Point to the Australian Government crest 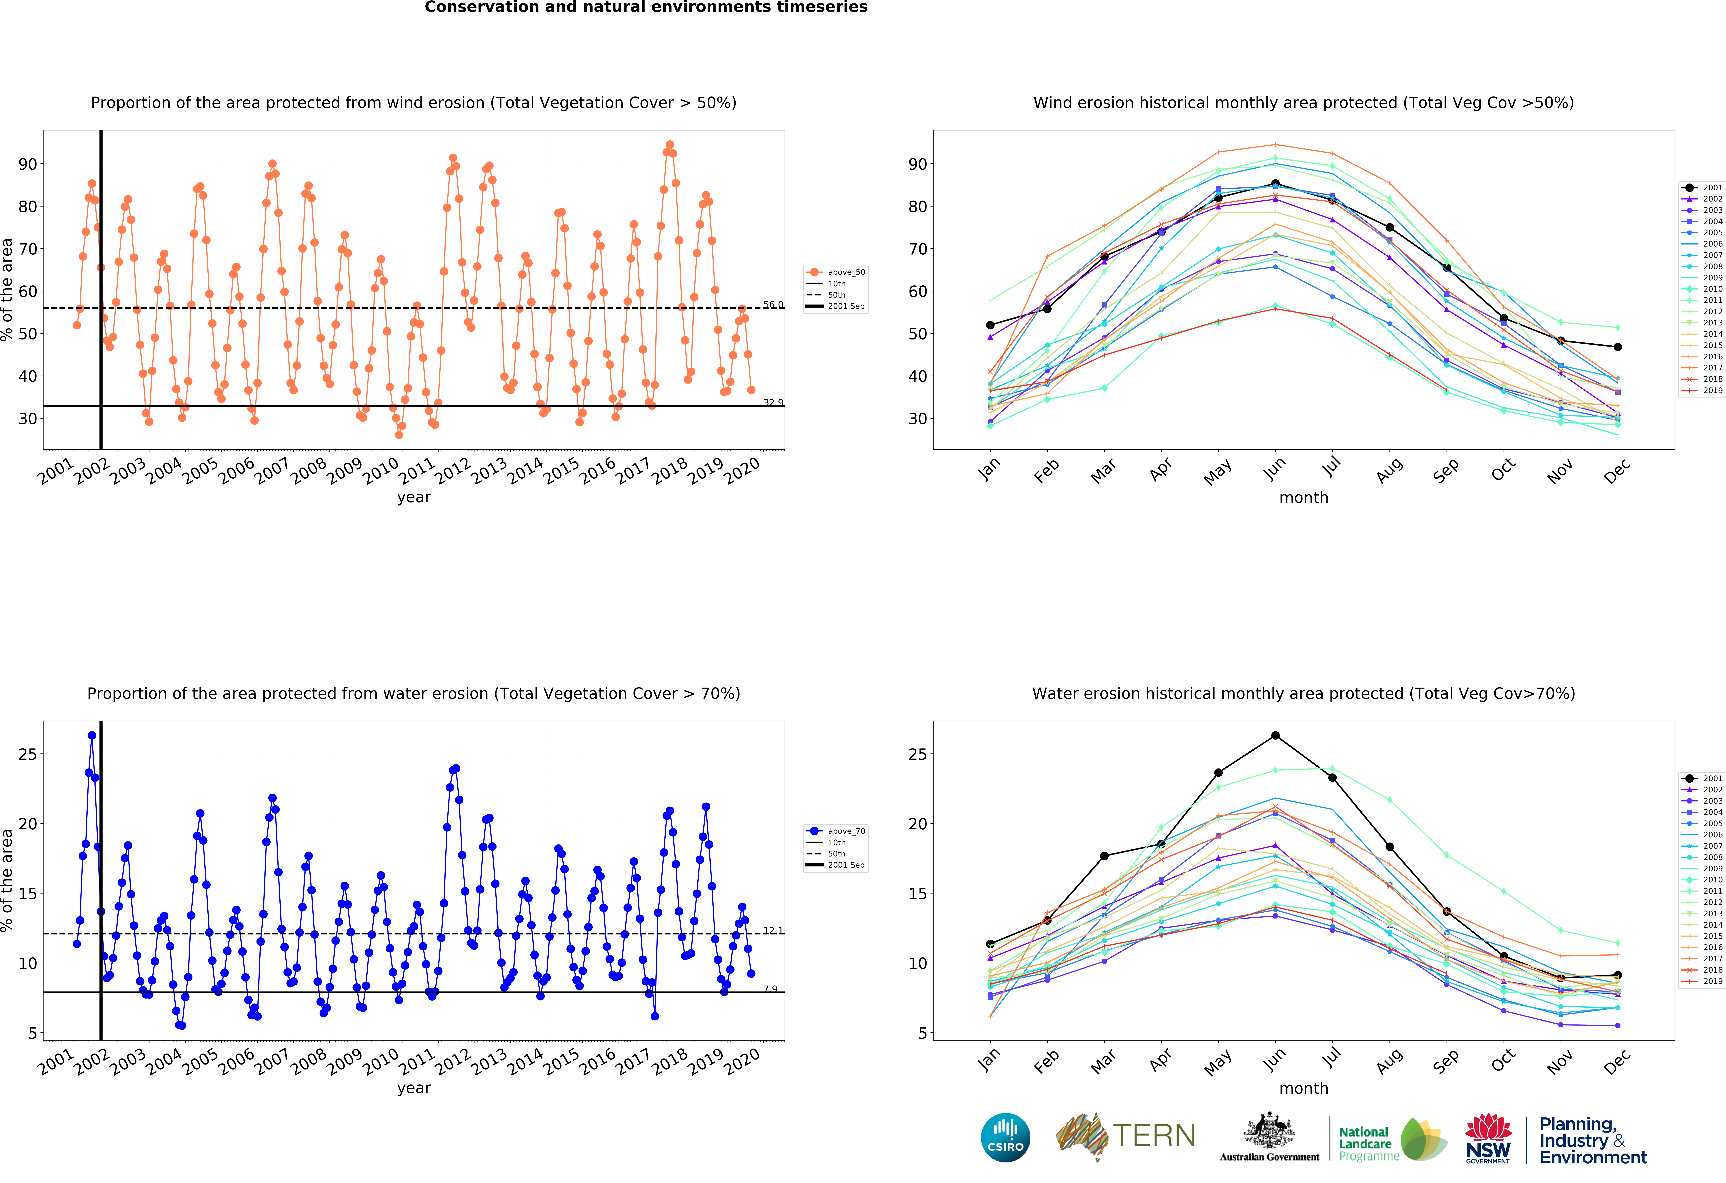(x=1269, y=1132)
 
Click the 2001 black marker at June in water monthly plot (x=1275, y=735)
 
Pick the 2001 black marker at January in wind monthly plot (x=990, y=325)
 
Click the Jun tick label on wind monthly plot (x=1274, y=469)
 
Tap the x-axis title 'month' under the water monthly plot (x=1303, y=1088)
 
